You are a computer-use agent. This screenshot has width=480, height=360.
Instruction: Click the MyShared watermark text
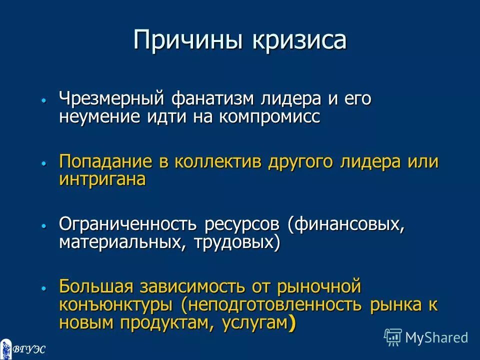point(436,337)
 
